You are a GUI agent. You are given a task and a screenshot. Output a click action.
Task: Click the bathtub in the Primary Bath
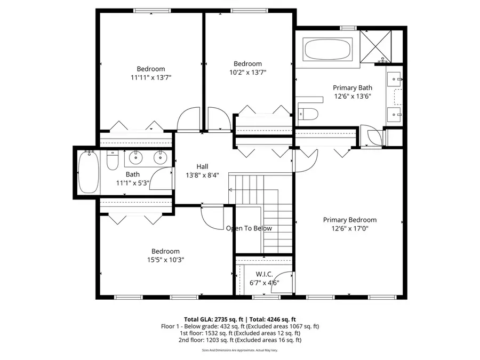coord(327,50)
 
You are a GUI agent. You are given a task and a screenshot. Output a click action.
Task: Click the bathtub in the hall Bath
coord(88,172)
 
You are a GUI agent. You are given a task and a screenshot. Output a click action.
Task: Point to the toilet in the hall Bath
coord(112,159)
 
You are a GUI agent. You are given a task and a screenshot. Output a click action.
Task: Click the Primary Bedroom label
coord(350,220)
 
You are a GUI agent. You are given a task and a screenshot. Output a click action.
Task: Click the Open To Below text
coord(249,228)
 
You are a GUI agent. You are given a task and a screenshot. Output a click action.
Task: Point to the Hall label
coord(202,166)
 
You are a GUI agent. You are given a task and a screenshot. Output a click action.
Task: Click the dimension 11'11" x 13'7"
coord(151,77)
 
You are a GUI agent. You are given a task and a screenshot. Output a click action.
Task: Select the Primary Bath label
coord(353,88)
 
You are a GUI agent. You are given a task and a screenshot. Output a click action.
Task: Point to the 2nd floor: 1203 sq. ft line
coord(240,340)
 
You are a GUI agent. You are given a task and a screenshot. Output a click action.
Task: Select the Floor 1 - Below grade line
coord(240,326)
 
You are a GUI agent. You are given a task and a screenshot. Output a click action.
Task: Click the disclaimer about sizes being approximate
coord(240,350)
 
